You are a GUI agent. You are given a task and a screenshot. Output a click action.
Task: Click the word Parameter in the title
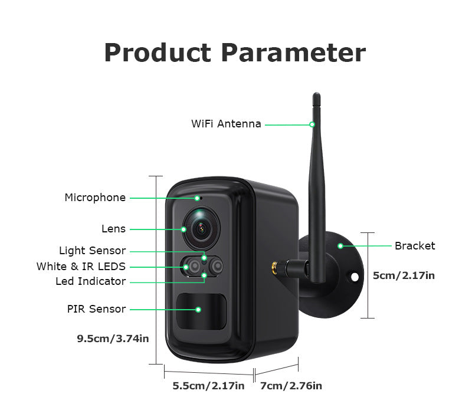pos(293,52)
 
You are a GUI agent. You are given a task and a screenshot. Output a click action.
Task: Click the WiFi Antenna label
pos(226,124)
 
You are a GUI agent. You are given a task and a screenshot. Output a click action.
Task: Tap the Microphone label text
pos(95,198)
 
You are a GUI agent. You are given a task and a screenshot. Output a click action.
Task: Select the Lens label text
pos(113,229)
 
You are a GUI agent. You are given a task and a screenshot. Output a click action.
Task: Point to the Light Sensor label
pos(92,251)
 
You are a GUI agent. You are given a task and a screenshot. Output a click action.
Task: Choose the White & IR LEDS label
pos(81,267)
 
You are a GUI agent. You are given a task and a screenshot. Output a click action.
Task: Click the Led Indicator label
pos(90,281)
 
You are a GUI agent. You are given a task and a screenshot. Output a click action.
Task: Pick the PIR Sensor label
pos(96,309)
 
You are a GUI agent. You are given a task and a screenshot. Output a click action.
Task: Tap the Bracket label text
pos(415,246)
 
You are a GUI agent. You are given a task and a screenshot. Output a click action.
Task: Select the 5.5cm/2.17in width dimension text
pos(208,386)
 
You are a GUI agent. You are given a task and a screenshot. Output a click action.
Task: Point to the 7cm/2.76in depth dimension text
pos(291,386)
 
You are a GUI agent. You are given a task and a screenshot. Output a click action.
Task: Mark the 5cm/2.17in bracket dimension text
pos(404,275)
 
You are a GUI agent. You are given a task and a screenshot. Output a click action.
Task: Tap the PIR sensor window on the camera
pos(202,309)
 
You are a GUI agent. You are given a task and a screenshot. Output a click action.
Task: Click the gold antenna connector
pos(276,268)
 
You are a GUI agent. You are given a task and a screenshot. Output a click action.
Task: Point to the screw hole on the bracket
pos(355,275)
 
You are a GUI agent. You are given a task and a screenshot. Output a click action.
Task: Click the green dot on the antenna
pos(313,124)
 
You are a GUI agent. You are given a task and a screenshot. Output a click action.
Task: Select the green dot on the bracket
pos(340,245)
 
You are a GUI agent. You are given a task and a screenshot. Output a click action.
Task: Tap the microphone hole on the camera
pos(199,198)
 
